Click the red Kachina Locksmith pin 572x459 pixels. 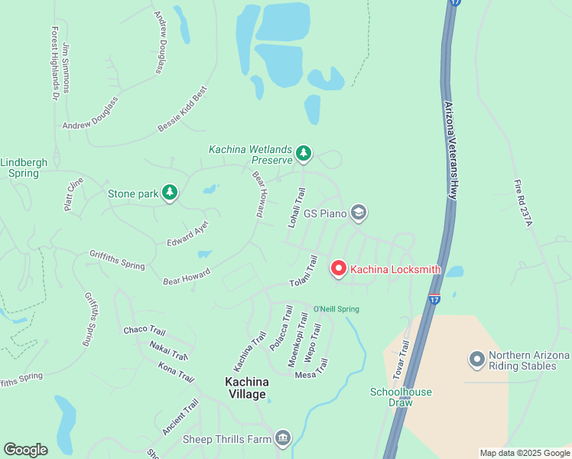tap(338, 269)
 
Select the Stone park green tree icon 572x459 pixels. tap(170, 194)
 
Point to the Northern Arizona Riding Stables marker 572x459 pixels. tap(477, 359)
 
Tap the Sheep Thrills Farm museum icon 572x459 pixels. tap(283, 438)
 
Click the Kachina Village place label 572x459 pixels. tap(245, 388)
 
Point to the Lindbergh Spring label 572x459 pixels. tap(19, 168)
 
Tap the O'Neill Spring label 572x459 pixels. tap(336, 309)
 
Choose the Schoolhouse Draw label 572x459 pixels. tap(401, 397)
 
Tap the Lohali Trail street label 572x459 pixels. tap(297, 208)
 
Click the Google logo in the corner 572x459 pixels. tap(25, 450)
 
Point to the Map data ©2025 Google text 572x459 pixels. tap(525, 453)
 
